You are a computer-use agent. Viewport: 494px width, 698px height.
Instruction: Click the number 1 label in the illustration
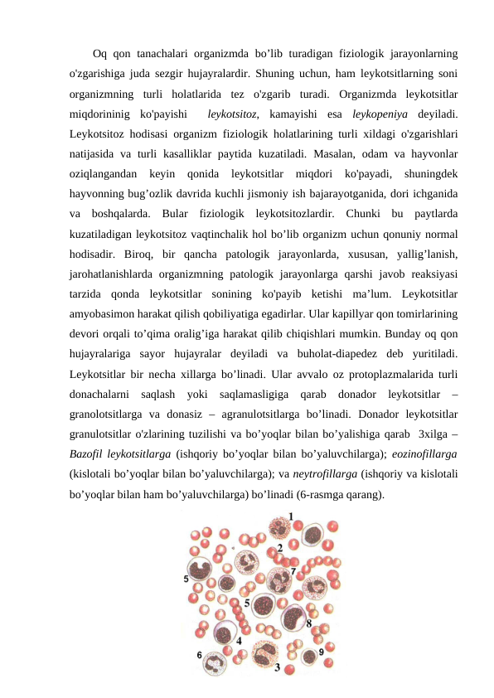pos(290,516)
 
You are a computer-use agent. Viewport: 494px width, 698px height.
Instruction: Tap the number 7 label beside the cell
pos(293,572)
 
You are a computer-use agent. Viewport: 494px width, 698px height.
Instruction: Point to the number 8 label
pos(309,623)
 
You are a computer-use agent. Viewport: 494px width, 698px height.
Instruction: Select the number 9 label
pos(321,652)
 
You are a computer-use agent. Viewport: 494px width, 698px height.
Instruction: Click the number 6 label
pos(199,655)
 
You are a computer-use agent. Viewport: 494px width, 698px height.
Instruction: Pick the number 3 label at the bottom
pos(277,666)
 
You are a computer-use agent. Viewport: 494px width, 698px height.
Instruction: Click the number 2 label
pos(279,548)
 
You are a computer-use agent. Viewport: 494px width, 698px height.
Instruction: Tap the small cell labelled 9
pos(308,656)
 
